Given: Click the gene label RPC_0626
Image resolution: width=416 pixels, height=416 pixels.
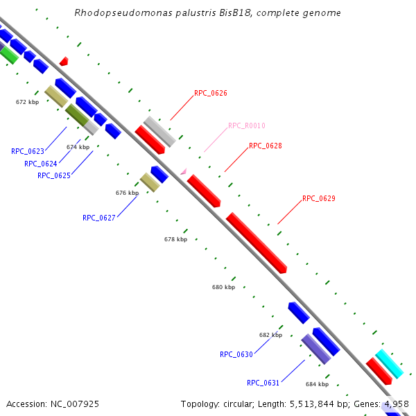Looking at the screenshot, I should [x=211, y=93].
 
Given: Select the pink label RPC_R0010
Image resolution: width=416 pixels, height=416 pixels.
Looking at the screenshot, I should [x=247, y=125].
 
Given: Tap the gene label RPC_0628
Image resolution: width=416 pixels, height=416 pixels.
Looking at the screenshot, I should [x=266, y=146].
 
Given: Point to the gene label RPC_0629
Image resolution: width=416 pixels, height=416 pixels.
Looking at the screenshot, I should [x=319, y=198].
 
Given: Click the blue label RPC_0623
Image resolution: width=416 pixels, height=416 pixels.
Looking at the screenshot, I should [x=28, y=151].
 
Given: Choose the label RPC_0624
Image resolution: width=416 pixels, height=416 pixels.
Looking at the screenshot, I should [x=41, y=164].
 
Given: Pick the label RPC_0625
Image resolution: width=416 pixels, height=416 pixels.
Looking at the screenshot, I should [x=54, y=175].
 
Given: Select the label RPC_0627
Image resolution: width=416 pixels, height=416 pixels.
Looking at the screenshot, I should [x=99, y=218].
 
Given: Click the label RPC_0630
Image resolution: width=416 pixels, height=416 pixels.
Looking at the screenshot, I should [x=236, y=354].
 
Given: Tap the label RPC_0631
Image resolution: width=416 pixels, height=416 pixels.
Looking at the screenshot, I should [x=263, y=383].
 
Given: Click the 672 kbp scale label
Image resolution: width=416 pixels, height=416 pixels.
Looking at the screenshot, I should [x=27, y=102].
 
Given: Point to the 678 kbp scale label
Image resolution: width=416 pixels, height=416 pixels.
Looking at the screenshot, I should [x=175, y=239].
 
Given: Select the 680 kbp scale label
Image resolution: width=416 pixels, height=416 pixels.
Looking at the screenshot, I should [x=223, y=287].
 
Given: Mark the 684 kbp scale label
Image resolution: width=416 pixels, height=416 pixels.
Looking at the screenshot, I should [x=317, y=383].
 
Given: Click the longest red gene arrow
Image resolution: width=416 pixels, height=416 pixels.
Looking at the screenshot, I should [x=256, y=242].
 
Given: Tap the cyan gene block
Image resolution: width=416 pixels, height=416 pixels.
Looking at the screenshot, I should [x=389, y=364].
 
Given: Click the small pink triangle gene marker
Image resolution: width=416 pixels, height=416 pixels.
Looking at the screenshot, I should [x=183, y=171].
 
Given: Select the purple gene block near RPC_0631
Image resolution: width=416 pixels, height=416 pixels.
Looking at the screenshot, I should [x=316, y=349].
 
